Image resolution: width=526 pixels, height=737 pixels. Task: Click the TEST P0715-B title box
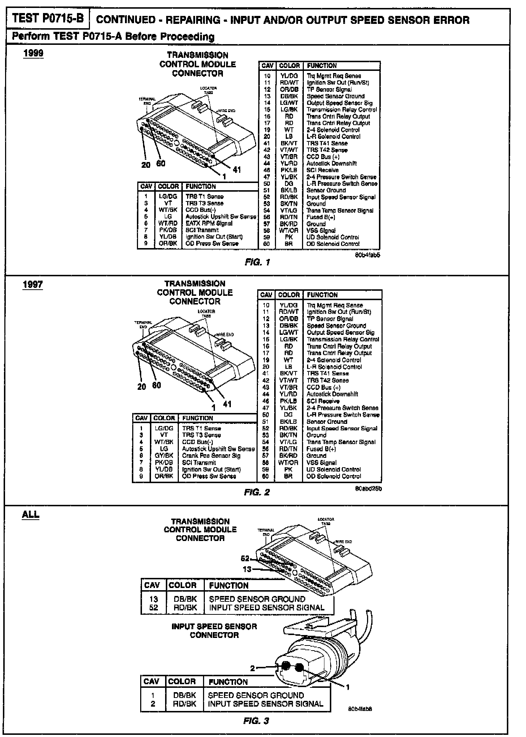coord(48,18)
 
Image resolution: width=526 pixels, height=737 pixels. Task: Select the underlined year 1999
coord(33,53)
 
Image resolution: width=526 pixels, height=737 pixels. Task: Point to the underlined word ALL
coord(31,515)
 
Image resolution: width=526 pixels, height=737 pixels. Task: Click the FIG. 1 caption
coord(257,262)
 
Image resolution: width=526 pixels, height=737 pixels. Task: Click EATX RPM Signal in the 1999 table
coord(209,223)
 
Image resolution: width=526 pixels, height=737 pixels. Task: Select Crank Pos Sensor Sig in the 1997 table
coord(211,456)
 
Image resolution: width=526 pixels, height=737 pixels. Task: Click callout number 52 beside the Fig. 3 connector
coord(245,559)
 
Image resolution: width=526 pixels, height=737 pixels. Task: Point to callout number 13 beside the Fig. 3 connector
coord(247,570)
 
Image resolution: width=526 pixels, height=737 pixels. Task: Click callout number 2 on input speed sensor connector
coord(253,669)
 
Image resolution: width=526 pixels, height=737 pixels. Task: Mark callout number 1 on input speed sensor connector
coord(348,687)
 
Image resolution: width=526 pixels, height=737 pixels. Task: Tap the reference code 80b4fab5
coord(368,255)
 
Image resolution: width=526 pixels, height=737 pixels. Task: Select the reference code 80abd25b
coord(368,489)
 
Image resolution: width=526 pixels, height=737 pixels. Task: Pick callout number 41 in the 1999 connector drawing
coord(237,170)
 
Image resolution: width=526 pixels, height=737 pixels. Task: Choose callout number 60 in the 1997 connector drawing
coord(156,385)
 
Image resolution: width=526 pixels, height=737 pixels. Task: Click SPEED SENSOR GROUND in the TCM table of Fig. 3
coord(257,599)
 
